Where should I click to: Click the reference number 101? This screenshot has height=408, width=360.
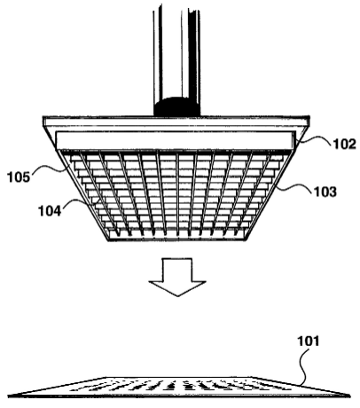pos(309,341)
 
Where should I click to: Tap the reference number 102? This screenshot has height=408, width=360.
pos(344,144)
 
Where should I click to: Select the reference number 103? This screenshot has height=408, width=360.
pos(325,192)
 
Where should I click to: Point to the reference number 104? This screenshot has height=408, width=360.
pos(50,211)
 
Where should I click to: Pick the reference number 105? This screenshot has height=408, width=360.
pos(19,177)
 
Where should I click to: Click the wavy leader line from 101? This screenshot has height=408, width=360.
pos(303,366)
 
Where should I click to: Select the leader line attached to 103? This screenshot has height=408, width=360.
pos(294,187)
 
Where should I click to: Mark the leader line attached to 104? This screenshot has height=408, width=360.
pos(77,201)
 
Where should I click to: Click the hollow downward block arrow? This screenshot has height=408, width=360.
pos(177,277)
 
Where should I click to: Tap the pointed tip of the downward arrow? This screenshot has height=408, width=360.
pos(177,296)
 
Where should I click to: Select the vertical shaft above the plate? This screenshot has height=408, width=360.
pos(176,62)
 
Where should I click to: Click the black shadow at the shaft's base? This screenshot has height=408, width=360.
pos(176,107)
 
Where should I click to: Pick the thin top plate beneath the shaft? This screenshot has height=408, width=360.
pos(176,122)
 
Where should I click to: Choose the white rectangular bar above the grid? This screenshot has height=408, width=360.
pos(176,140)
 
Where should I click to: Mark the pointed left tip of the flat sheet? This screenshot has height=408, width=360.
pos(9,396)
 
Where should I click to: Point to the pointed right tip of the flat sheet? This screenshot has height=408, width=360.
pos(349,395)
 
